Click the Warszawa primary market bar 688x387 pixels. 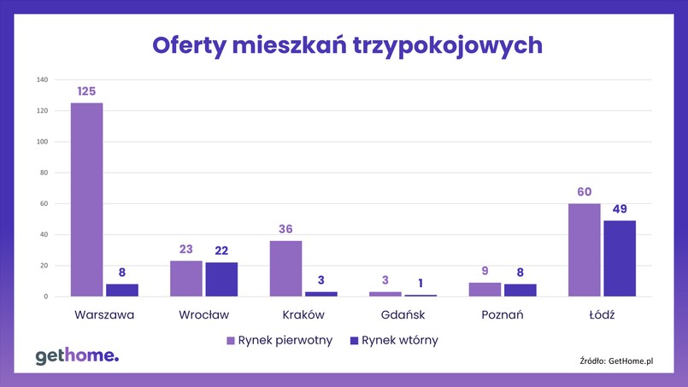(x=86, y=200)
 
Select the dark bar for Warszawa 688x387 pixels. (x=122, y=290)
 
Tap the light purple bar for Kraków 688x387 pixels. (x=285, y=269)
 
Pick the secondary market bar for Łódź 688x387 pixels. (x=620, y=259)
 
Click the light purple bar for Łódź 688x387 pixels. (x=585, y=250)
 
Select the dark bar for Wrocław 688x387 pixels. (x=221, y=279)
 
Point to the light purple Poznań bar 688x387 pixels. (x=485, y=290)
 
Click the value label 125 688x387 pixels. (x=86, y=91)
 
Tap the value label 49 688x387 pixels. (x=620, y=208)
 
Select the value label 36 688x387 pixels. (x=285, y=229)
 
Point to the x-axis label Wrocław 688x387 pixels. (x=204, y=314)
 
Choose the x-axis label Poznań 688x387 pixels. (x=502, y=314)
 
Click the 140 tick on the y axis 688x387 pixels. (x=42, y=79)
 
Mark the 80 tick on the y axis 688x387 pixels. (x=44, y=173)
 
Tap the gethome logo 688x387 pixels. (x=77, y=356)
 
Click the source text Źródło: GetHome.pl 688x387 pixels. (x=616, y=361)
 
